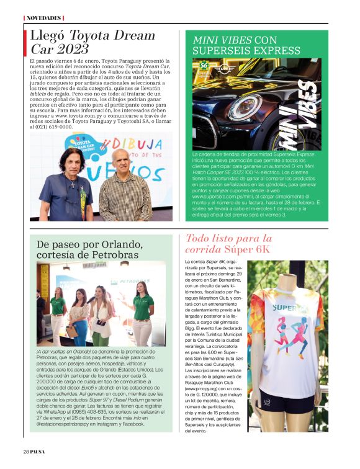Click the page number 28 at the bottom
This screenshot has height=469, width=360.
(27, 451)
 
